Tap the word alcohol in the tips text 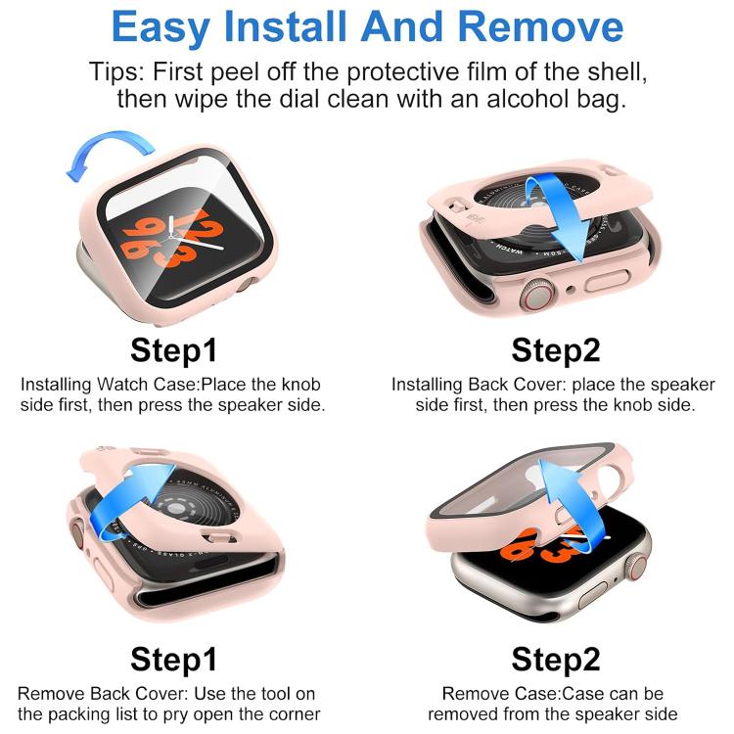point(511,99)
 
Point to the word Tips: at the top point(115,72)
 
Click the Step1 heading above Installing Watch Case point(173,349)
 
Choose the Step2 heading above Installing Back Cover point(556,349)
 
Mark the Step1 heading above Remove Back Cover point(173,659)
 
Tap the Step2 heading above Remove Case point(556,659)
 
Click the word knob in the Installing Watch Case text point(301,385)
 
